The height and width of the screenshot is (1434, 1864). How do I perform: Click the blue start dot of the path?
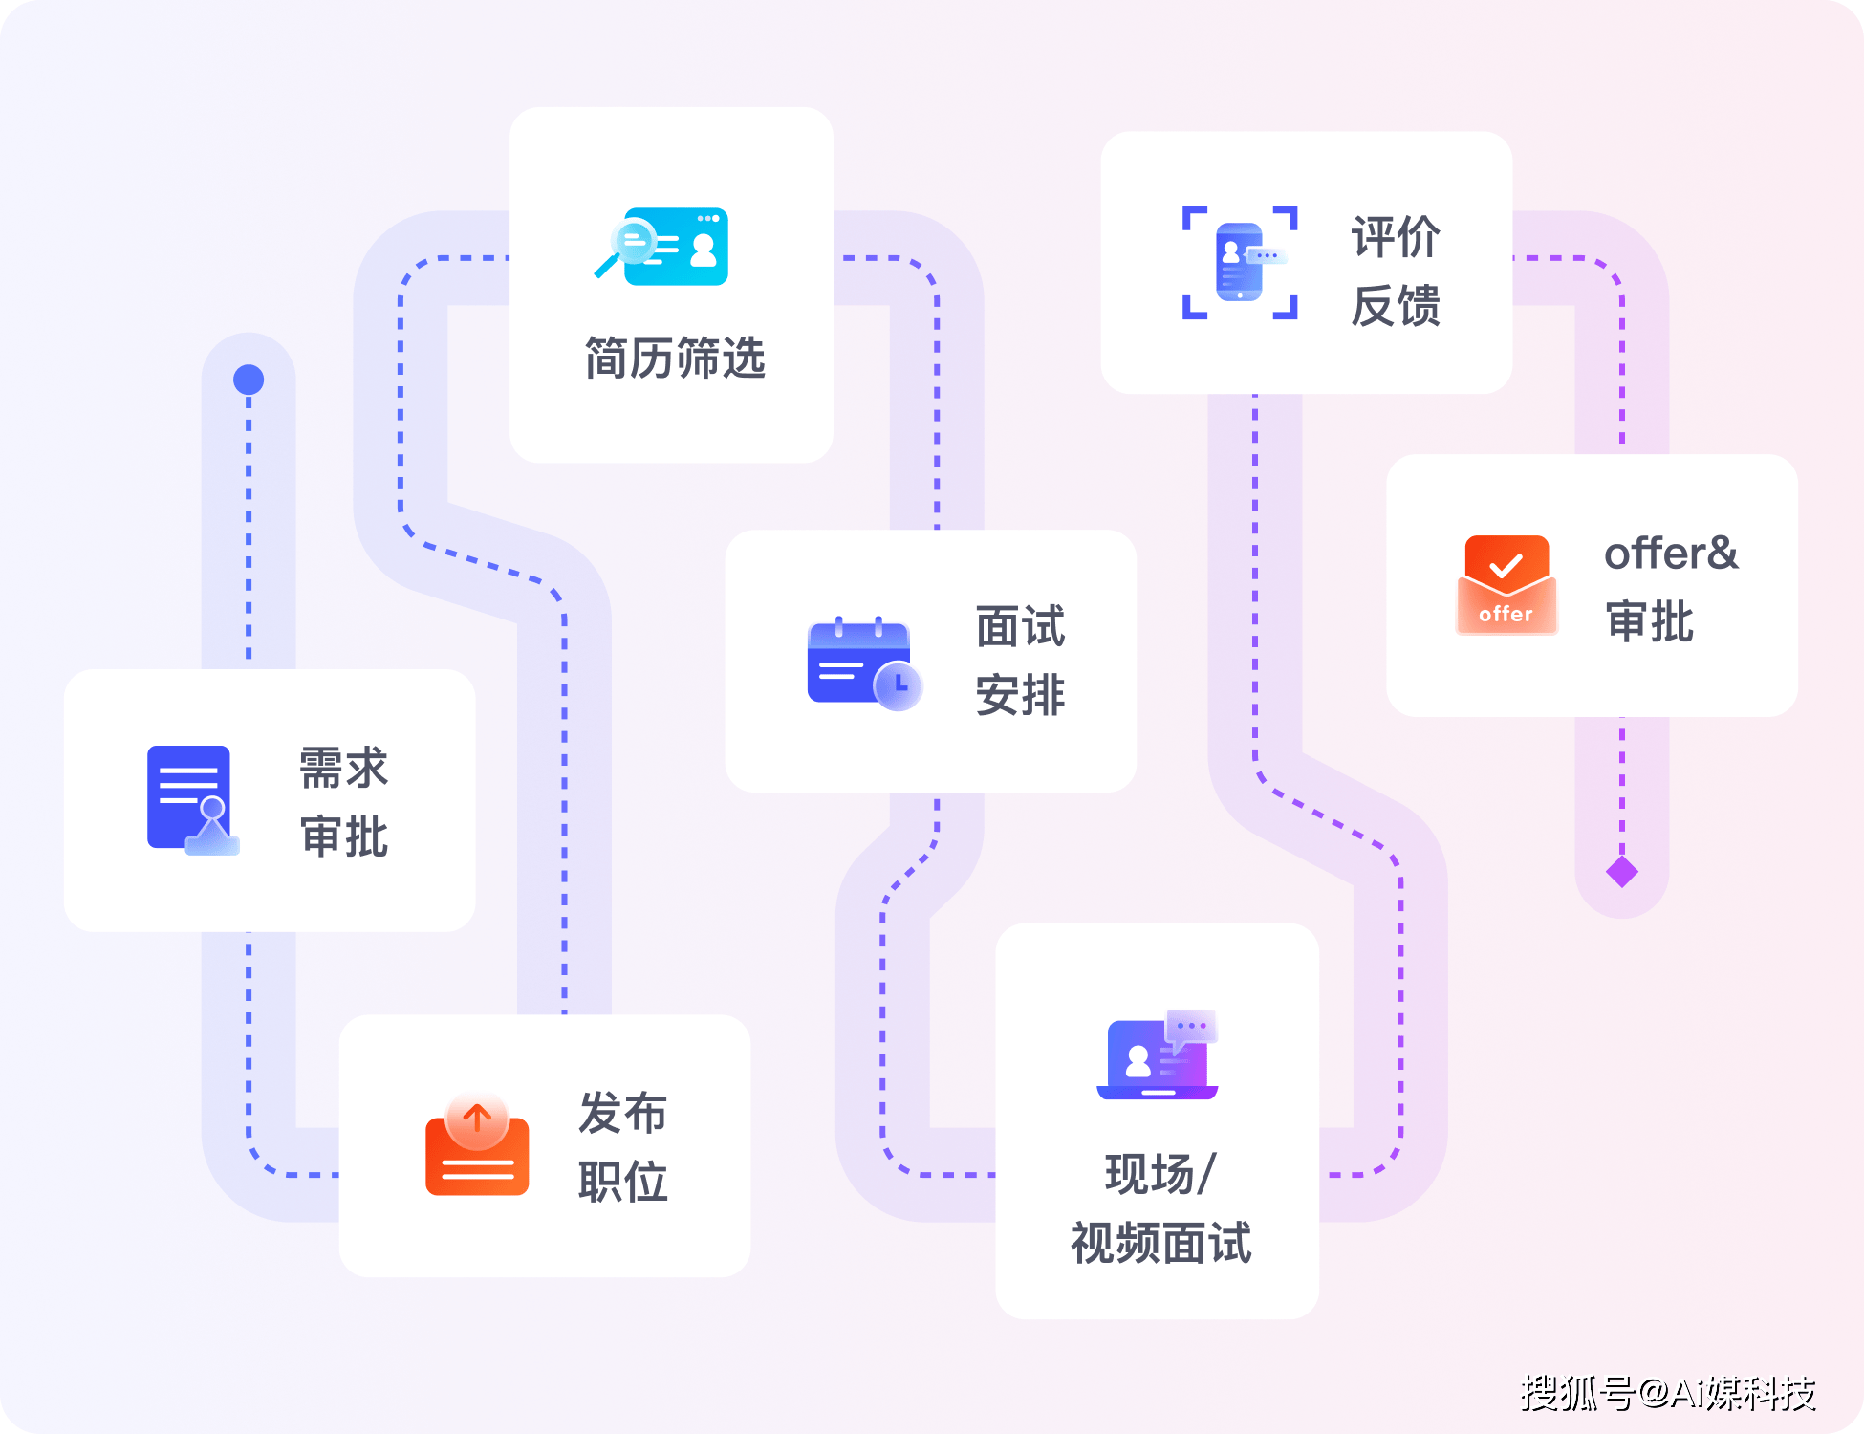click(x=249, y=380)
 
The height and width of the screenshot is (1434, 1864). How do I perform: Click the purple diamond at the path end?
click(x=1622, y=871)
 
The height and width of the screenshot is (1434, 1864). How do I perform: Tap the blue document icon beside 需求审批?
click(x=192, y=799)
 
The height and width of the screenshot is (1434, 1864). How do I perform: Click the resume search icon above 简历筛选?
click(x=662, y=245)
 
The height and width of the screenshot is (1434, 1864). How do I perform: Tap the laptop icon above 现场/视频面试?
click(x=1159, y=1055)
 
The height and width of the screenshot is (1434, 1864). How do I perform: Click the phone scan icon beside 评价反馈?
click(x=1240, y=262)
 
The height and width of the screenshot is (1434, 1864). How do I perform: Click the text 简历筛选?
click(x=675, y=358)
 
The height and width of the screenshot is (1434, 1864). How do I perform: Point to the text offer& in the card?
click(x=1670, y=554)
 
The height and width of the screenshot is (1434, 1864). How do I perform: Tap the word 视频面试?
click(x=1160, y=1243)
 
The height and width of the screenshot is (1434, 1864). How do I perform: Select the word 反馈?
click(x=1396, y=306)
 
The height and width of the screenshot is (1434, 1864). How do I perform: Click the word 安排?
click(x=1020, y=695)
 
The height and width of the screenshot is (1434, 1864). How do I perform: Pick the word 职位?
click(x=622, y=1182)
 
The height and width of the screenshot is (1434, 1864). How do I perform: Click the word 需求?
click(x=343, y=768)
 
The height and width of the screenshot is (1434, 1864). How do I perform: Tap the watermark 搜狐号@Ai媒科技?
click(x=1668, y=1393)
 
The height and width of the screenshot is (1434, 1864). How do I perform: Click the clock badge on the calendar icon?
click(x=899, y=685)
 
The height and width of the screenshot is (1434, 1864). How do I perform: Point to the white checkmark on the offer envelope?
click(x=1506, y=566)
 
